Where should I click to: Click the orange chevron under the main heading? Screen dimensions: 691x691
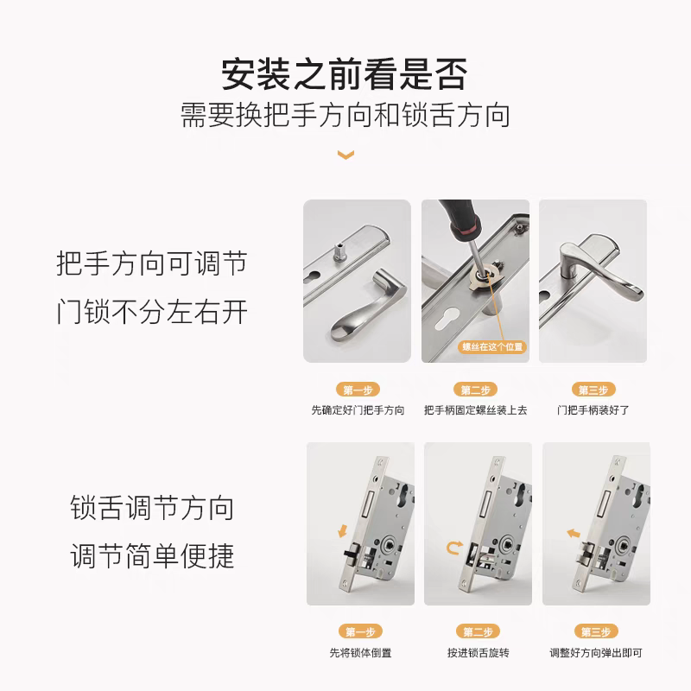[x=345, y=155]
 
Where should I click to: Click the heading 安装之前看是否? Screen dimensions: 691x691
[x=344, y=74]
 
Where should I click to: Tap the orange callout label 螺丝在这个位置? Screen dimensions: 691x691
[x=492, y=347]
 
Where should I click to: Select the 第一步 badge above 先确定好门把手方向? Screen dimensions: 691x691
[x=358, y=390]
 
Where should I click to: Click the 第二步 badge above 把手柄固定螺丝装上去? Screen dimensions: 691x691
[x=476, y=390]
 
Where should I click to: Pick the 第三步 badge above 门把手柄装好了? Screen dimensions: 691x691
[x=593, y=390]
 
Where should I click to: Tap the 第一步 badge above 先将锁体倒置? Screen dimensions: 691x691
[x=360, y=631]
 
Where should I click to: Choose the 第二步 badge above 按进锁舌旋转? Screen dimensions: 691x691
[x=479, y=631]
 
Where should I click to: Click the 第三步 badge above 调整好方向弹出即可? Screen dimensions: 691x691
[x=596, y=631]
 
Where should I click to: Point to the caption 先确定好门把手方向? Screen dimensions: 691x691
[x=358, y=410]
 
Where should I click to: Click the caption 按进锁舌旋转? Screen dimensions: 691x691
[x=479, y=653]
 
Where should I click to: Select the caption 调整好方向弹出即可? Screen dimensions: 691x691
[x=596, y=653]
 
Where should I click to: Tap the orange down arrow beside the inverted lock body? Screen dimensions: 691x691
[x=342, y=530]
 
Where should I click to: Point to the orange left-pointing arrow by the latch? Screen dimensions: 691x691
[x=573, y=534]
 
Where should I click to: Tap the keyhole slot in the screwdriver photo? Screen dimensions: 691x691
[x=447, y=319]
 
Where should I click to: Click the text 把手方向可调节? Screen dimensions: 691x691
[x=152, y=263]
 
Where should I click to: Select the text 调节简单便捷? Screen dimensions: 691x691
[x=152, y=555]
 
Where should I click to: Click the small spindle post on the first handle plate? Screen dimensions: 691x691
[x=339, y=251]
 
